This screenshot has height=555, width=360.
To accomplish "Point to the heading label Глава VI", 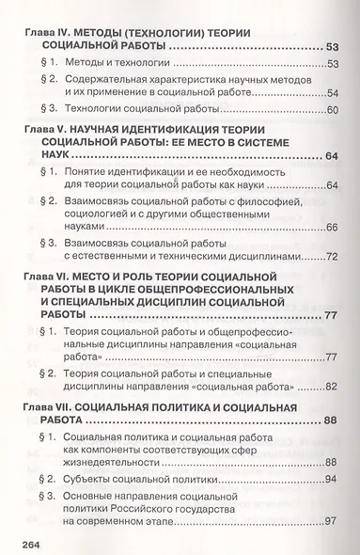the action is [41, 302].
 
